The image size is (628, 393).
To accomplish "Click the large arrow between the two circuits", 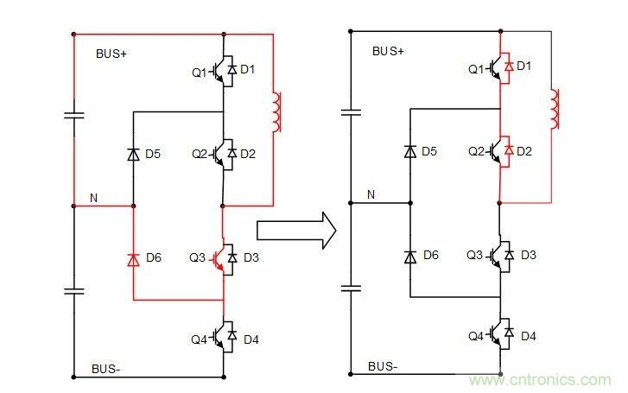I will (295, 230).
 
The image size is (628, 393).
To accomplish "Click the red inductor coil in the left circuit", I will (276, 112).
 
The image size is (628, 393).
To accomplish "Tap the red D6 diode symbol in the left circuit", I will (133, 258).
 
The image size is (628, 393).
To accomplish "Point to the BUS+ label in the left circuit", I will (111, 54).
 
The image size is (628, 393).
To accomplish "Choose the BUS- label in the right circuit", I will (384, 366).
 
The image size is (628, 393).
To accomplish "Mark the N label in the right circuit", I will (371, 195).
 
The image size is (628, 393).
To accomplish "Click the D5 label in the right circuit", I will (429, 151).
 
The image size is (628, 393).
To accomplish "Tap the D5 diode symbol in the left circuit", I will (133, 154).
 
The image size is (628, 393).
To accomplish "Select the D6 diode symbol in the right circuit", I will (409, 257).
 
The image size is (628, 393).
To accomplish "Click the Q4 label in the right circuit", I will (476, 335).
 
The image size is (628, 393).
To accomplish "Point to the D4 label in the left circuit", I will (251, 339).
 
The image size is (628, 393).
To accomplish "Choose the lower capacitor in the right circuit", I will (351, 288).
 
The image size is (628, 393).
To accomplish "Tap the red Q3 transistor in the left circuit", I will (222, 258).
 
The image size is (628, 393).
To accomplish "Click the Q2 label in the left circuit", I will (200, 155).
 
